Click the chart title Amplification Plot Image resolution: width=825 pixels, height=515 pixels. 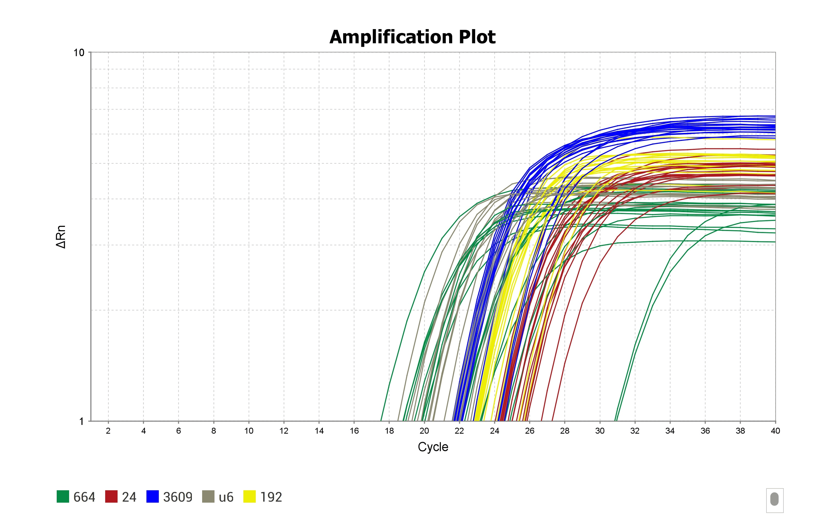(412, 37)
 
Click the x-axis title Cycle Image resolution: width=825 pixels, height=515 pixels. (433, 447)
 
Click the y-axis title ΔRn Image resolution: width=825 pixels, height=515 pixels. (61, 237)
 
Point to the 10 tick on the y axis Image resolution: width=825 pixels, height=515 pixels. (79, 52)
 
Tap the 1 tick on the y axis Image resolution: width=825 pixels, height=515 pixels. (81, 422)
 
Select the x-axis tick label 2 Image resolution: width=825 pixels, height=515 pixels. (108, 431)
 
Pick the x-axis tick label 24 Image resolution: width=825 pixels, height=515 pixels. (494, 431)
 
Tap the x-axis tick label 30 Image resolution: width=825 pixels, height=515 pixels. (600, 431)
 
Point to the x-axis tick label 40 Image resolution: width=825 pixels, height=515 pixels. (775, 431)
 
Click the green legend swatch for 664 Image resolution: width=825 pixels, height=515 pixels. (63, 497)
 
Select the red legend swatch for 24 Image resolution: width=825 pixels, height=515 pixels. (111, 497)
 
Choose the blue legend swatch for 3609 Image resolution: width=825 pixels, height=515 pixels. (152, 497)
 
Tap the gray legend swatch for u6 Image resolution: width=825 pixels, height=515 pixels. (208, 497)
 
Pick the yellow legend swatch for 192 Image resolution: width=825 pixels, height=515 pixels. (249, 497)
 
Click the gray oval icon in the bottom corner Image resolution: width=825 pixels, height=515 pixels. (775, 499)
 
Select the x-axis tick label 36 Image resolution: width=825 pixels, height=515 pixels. (705, 431)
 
